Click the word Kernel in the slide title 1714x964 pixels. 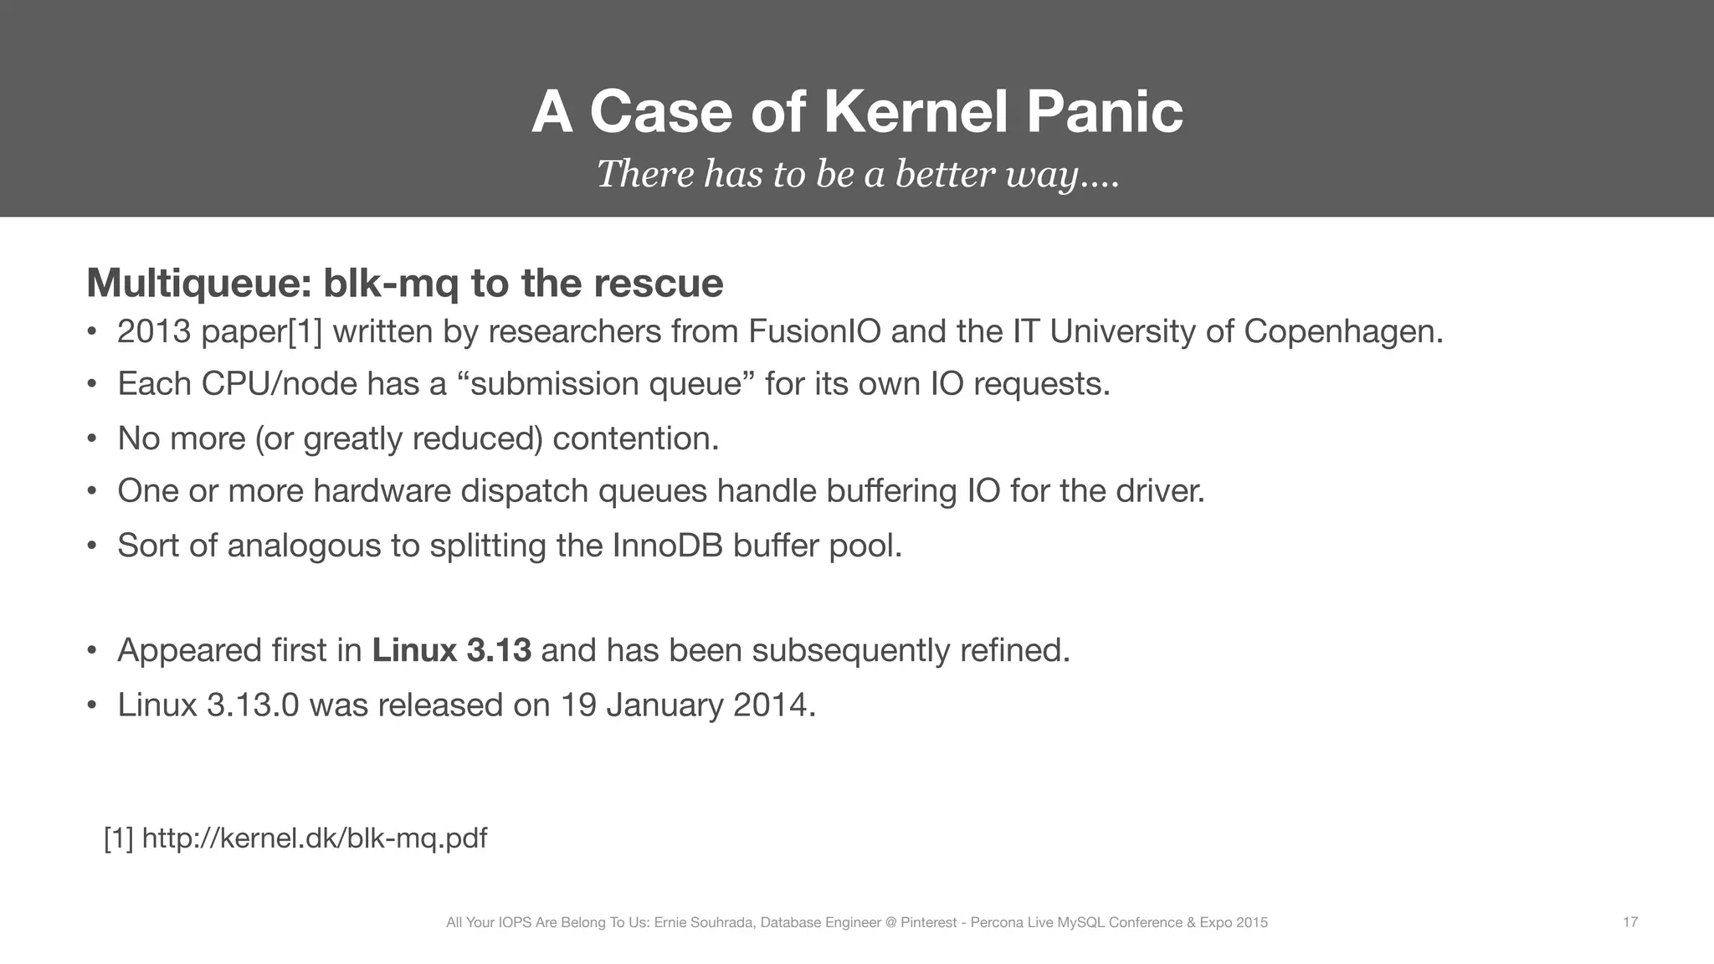pyautogui.click(x=916, y=111)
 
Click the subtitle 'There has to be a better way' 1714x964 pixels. pyautogui.click(x=857, y=174)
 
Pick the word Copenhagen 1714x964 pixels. pyautogui.click(x=1342, y=332)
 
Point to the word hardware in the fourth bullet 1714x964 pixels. pyautogui.click(x=382, y=490)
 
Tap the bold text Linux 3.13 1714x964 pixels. pyautogui.click(x=452, y=650)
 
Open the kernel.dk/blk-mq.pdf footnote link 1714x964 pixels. pyautogui.click(x=314, y=838)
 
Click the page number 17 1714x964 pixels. pyautogui.click(x=1629, y=922)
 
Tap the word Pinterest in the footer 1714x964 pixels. pyautogui.click(x=928, y=923)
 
